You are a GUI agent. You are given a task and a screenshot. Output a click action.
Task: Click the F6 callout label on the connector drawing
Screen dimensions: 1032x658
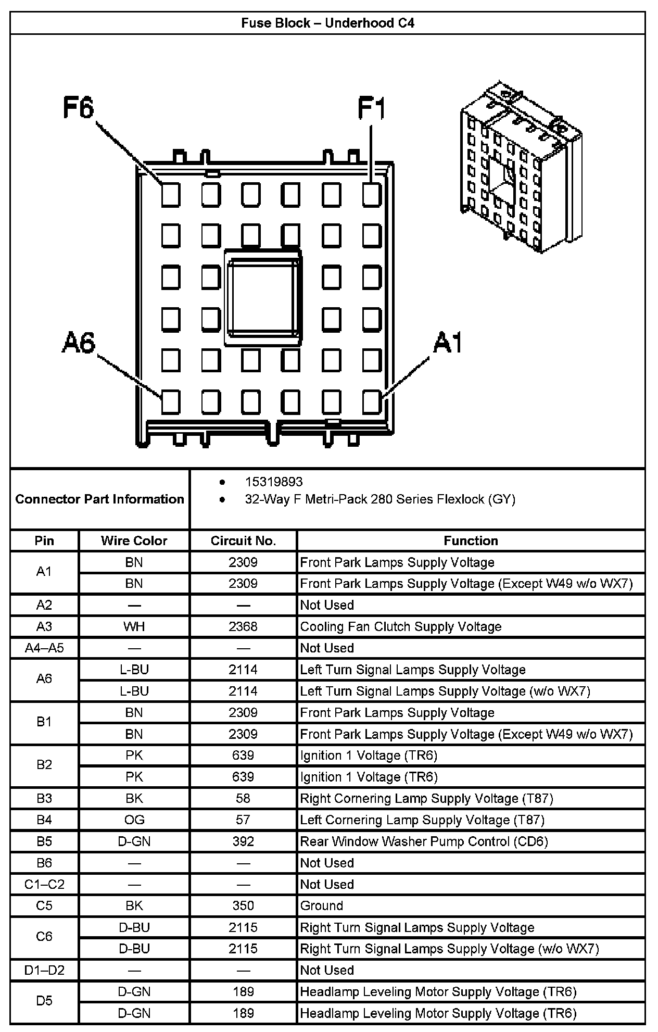click(x=79, y=108)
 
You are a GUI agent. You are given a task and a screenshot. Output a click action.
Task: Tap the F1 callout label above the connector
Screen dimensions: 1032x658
click(x=372, y=109)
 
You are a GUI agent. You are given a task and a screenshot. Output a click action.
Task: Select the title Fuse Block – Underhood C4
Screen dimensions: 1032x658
click(x=327, y=23)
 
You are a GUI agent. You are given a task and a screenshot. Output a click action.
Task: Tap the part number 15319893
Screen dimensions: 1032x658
click(x=274, y=482)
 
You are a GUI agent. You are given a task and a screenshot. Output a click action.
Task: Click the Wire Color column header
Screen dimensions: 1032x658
click(x=134, y=540)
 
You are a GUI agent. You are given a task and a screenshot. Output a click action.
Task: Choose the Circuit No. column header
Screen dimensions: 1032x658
click(x=243, y=540)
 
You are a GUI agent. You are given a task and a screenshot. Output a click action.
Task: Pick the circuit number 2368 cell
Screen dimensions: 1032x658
click(x=243, y=626)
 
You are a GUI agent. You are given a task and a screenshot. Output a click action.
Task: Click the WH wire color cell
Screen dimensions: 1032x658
click(x=134, y=626)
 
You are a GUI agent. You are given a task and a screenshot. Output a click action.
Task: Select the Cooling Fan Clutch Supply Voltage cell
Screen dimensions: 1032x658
click(x=401, y=626)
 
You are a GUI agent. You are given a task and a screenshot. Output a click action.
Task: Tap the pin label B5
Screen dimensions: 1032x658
click(x=44, y=841)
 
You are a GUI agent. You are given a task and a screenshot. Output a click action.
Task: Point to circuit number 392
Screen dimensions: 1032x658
click(x=243, y=841)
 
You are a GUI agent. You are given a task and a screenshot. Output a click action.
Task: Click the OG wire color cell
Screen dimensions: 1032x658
click(x=134, y=820)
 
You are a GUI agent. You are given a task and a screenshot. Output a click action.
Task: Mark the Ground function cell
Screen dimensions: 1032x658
click(x=322, y=906)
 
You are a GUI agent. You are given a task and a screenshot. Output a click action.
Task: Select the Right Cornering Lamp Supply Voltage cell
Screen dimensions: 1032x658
click(x=426, y=798)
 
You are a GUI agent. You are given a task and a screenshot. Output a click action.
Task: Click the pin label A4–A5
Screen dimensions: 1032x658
click(x=44, y=648)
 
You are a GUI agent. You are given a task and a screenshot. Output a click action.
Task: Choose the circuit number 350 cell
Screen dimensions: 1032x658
click(x=243, y=906)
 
